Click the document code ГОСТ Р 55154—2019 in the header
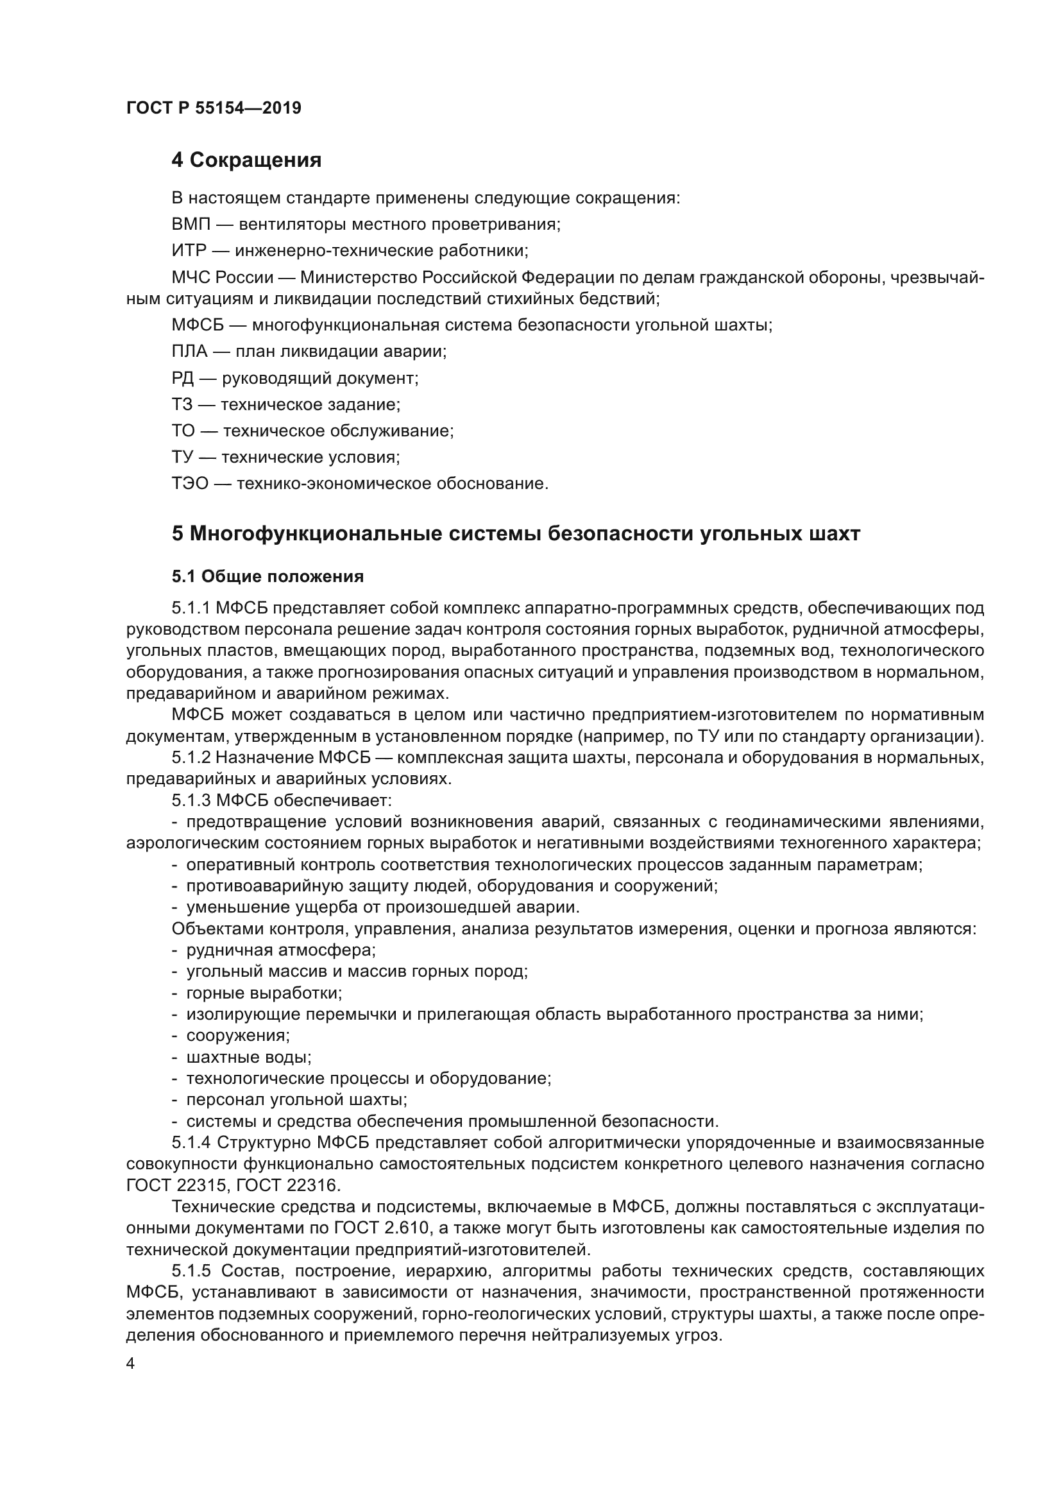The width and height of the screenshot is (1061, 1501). [214, 108]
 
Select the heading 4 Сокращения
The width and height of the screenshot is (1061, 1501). [246, 160]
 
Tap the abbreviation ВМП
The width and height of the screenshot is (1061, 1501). [191, 225]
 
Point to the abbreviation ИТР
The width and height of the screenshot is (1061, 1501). [189, 251]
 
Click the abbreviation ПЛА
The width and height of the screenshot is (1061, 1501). [189, 352]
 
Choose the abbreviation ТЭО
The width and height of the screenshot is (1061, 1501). [190, 484]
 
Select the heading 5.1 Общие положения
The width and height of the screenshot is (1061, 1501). [268, 577]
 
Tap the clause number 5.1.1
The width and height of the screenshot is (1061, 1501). [191, 608]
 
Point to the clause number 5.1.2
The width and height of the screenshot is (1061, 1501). [191, 758]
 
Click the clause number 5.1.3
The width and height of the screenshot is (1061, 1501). [191, 800]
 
